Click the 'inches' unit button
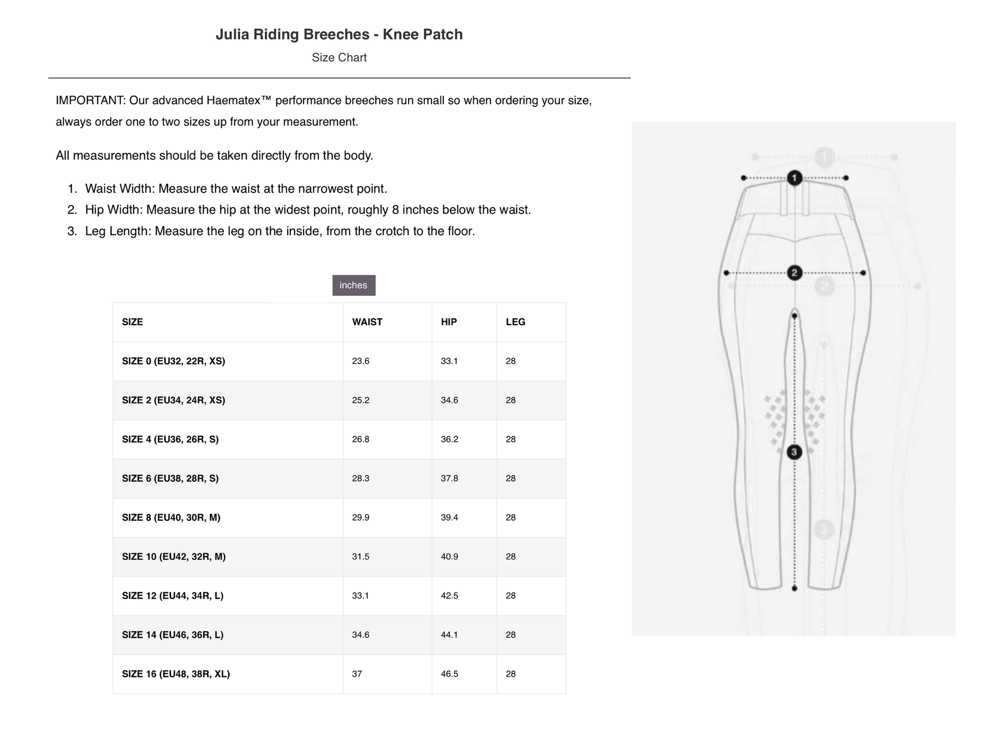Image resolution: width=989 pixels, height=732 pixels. (353, 285)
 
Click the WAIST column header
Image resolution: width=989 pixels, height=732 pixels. (367, 322)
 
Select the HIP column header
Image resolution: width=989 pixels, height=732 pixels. (449, 322)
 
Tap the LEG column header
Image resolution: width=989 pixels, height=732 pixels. (515, 322)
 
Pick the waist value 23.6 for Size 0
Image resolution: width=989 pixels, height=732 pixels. (361, 361)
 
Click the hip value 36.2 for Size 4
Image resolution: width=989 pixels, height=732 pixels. (450, 439)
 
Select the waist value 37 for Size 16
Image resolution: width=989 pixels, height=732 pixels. (357, 674)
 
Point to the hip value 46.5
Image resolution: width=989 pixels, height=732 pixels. (450, 674)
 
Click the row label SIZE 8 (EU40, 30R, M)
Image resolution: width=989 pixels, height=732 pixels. (171, 517)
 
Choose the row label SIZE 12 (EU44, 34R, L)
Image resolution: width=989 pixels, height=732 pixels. (172, 596)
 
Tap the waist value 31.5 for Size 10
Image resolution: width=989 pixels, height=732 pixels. (361, 557)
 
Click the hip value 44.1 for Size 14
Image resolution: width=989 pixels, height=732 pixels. (450, 634)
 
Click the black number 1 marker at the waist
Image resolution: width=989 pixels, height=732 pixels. (794, 178)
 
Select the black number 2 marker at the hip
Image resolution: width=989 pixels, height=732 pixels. (794, 273)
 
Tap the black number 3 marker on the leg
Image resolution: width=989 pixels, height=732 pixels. (794, 452)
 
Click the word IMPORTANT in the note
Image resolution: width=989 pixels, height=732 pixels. (90, 100)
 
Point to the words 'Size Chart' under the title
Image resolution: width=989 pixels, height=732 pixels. (339, 57)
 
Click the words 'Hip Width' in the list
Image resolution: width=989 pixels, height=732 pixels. (113, 210)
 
